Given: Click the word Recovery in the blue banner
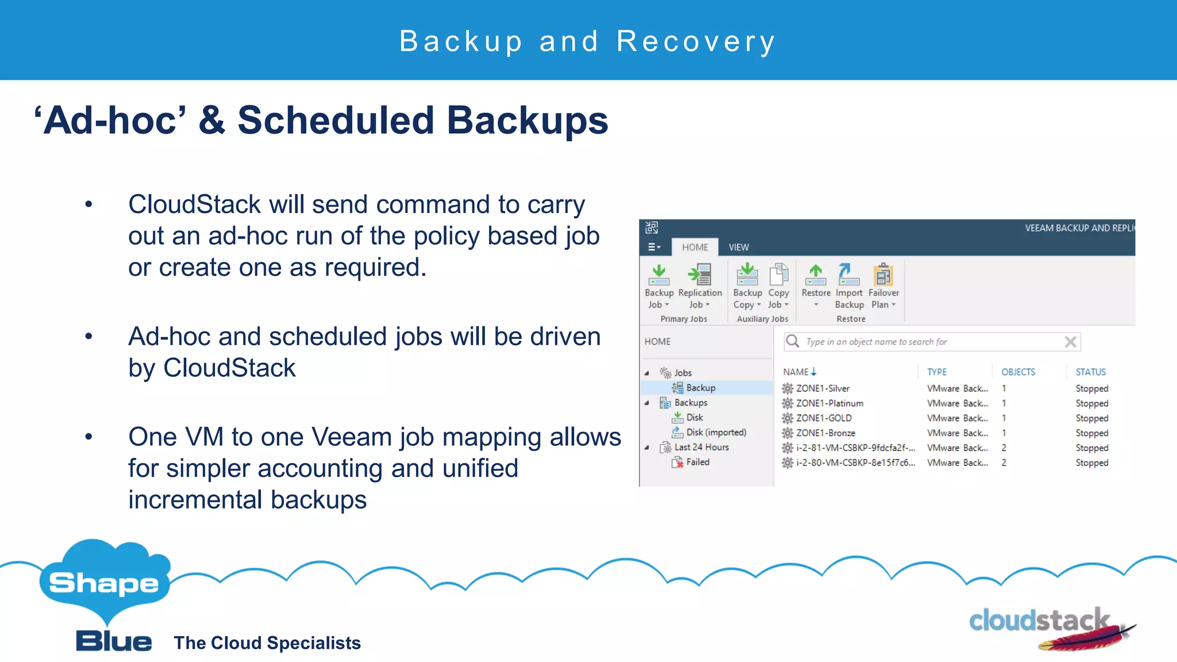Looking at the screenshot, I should (696, 41).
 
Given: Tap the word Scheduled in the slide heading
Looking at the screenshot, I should (336, 121).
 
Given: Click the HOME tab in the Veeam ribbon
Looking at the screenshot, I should (694, 247).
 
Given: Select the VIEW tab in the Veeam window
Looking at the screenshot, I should (738, 247).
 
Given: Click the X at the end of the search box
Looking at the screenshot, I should (1070, 342).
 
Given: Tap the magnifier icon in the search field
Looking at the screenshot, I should (793, 341).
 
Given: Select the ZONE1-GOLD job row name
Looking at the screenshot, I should (824, 418).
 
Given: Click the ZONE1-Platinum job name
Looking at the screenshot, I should (829, 403).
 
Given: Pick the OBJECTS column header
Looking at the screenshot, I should (1018, 372).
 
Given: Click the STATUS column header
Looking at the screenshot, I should (1090, 372).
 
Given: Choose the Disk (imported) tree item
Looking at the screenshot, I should (716, 432).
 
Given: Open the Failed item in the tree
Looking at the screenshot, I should (697, 462).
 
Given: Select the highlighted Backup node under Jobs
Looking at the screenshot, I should (700, 388).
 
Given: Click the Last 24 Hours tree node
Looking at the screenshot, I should (701, 447).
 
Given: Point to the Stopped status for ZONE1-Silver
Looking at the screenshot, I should (1091, 388).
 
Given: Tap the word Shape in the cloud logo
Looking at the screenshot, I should (104, 583).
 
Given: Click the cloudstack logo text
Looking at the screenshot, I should (1038, 621).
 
